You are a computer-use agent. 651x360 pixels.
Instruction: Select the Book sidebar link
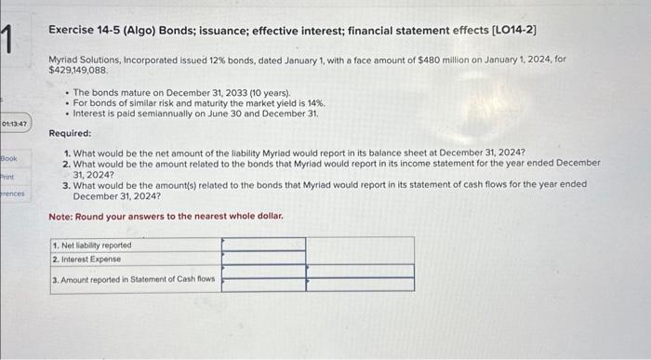point(10,159)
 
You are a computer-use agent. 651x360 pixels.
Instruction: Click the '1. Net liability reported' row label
point(92,245)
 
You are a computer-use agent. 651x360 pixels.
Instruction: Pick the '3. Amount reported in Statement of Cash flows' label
point(134,278)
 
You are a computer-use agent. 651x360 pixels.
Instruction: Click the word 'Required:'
point(69,133)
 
